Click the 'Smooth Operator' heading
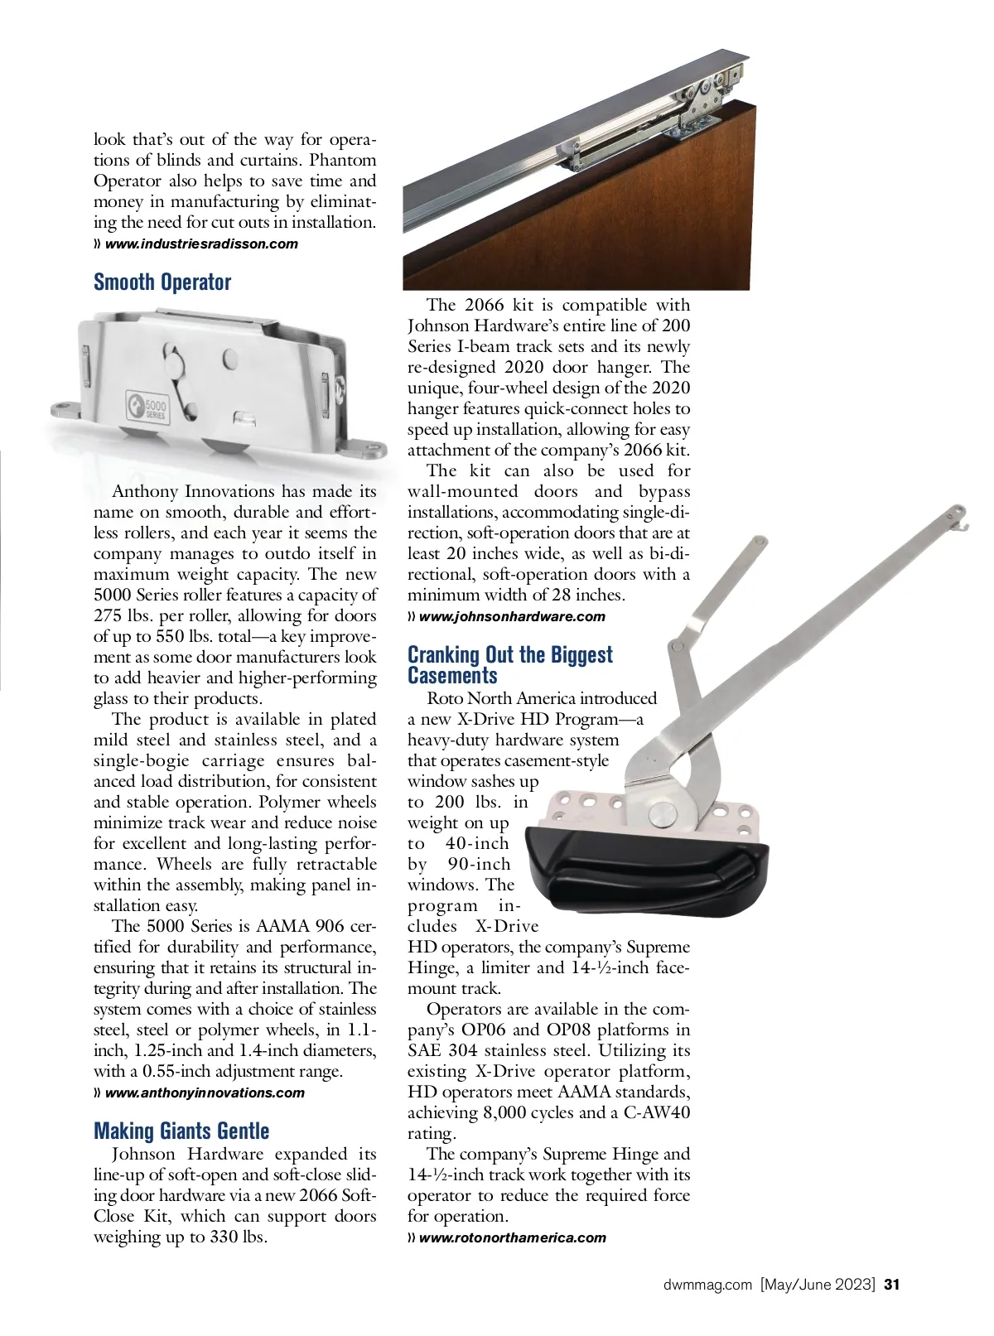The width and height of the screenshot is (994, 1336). point(162,282)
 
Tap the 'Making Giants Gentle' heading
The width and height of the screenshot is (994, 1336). point(181,1131)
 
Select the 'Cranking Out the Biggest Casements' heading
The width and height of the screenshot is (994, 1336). point(509,665)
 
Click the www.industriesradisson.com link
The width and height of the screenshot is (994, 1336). point(201,244)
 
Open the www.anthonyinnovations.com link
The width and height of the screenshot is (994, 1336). point(205,1092)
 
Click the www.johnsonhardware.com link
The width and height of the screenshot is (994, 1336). point(512,616)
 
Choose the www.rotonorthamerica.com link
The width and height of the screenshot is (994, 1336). point(512,1237)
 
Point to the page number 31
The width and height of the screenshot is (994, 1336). point(891,1285)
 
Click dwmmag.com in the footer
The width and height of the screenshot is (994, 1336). point(708,1285)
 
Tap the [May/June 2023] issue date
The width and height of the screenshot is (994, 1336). point(818,1285)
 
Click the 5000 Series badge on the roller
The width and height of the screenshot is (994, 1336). point(147,408)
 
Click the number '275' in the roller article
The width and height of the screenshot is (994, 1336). point(108,616)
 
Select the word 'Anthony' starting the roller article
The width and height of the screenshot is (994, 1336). point(143,492)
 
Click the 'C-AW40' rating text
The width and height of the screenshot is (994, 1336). point(656,1113)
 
